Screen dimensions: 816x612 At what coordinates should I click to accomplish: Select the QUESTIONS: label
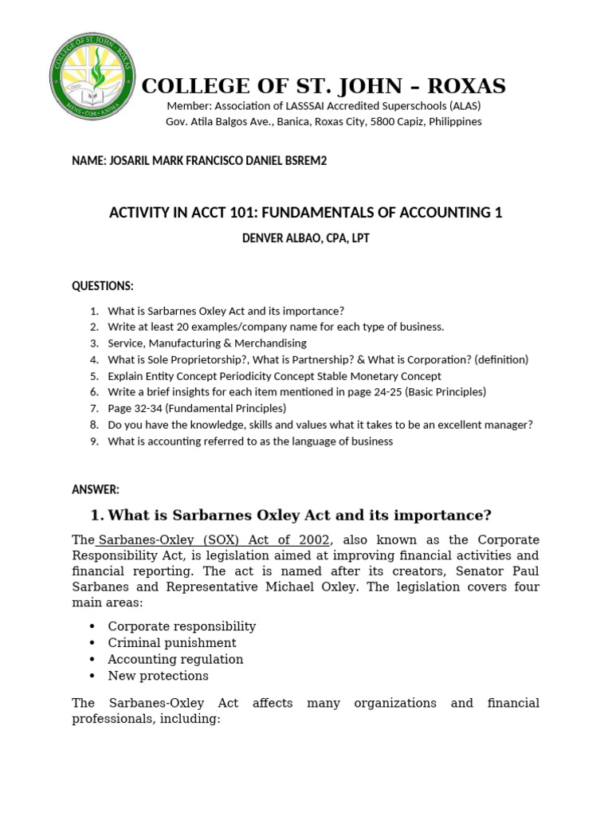point(103,286)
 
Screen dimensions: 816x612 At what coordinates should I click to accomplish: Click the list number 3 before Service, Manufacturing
point(94,343)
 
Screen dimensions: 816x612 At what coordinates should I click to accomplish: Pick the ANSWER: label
point(96,489)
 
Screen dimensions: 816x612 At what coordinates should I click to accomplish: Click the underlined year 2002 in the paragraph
point(313,539)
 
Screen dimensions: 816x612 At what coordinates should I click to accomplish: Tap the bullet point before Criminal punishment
point(94,643)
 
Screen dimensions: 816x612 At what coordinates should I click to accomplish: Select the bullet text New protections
point(159,676)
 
